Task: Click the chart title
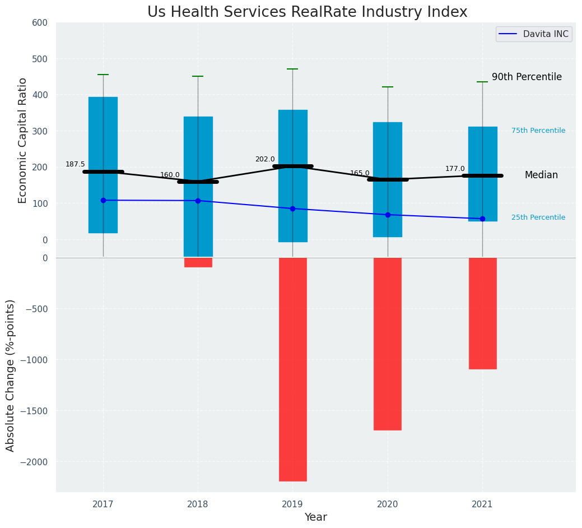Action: pos(307,12)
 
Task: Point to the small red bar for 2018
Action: pos(198,262)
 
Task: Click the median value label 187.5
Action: pos(75,164)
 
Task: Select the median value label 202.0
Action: pos(265,159)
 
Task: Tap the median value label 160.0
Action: pos(170,175)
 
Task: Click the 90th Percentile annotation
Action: pos(527,77)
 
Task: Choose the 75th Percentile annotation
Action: pos(538,131)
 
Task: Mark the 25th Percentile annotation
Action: pos(538,217)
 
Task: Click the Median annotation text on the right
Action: pos(541,175)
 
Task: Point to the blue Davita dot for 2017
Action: pos(103,200)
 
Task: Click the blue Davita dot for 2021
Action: pos(482,219)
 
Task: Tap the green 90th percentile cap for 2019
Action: pos(292,69)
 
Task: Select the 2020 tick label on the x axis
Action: pos(388,504)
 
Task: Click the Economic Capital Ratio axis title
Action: pos(23,140)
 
